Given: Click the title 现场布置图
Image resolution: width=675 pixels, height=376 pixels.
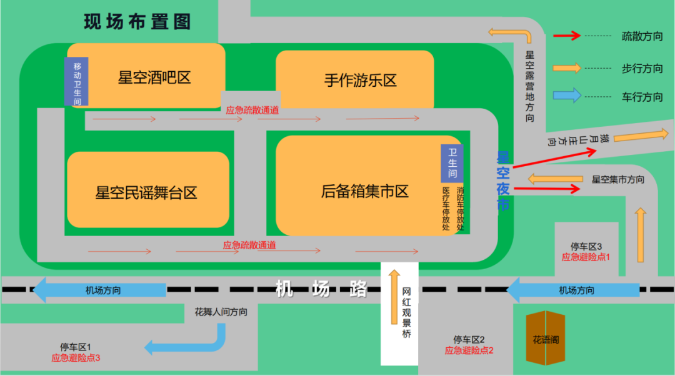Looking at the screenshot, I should (x=137, y=22).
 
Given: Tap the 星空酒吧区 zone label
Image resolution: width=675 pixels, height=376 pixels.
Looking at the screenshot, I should (x=154, y=78).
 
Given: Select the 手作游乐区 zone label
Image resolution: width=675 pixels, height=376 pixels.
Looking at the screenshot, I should (x=361, y=81).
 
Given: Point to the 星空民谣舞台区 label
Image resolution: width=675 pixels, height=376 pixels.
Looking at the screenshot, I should (x=146, y=193).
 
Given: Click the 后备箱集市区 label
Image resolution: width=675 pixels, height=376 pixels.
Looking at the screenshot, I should (x=365, y=191).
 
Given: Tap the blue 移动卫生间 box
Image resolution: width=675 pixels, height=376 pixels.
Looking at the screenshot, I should (x=77, y=82).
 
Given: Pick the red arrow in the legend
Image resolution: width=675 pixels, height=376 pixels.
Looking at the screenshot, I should (x=566, y=36).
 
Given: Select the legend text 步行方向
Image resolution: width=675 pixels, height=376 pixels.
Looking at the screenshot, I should (x=642, y=68).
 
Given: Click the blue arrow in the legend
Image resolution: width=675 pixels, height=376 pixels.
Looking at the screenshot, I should (x=567, y=96).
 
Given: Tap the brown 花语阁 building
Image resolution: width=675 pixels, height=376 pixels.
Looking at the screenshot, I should (x=546, y=339).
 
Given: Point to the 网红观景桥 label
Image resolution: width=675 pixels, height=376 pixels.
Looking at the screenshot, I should (x=407, y=312).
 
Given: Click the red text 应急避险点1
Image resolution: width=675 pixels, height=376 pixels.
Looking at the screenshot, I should (x=585, y=257).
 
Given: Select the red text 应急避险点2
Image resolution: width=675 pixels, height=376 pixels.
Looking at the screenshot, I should (x=469, y=350).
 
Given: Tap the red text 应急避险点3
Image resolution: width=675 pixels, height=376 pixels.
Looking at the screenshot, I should (x=76, y=358).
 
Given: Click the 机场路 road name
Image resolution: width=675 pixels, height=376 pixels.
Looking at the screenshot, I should (x=321, y=289).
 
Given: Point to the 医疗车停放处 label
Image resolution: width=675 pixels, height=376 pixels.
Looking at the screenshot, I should (x=446, y=209).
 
